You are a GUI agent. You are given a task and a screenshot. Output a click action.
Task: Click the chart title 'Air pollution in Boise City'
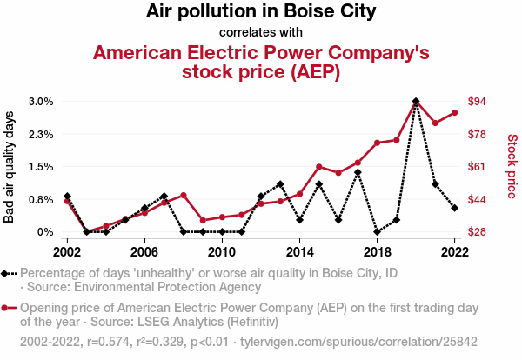coord(260,12)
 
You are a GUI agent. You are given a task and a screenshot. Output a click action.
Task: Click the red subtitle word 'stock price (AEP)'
coord(260,71)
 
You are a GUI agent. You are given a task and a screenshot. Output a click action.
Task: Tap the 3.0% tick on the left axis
coord(41,102)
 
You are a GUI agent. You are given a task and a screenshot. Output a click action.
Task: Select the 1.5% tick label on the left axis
coord(41,167)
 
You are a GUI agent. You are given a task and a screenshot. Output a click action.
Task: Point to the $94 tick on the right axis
coord(478,102)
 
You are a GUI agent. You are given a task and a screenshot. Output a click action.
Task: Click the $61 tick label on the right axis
coord(478,167)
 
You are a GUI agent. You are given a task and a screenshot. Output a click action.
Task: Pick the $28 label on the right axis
coord(478,232)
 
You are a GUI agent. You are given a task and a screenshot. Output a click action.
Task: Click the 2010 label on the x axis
coord(222,251)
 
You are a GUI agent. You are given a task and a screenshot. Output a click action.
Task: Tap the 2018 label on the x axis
coord(377,251)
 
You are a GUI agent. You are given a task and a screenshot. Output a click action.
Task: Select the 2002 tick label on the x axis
coord(67,251)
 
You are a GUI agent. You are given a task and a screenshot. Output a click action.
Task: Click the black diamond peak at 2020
coord(416,102)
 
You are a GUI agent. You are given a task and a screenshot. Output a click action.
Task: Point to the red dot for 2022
coord(454,112)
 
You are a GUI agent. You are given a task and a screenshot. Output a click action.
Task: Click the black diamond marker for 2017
coord(358,172)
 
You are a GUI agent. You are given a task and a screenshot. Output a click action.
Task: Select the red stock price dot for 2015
coord(319,167)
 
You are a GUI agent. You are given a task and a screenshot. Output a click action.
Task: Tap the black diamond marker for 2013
coord(280,184)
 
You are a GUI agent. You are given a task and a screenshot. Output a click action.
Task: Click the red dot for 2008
coord(184,196)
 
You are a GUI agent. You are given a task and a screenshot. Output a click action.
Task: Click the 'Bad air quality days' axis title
coord(10,167)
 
